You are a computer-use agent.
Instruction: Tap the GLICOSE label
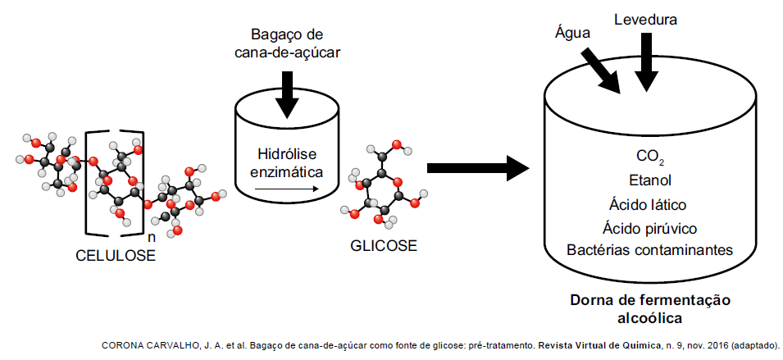[384, 245]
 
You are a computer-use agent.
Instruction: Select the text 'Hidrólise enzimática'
[286, 163]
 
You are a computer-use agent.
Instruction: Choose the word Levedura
[646, 18]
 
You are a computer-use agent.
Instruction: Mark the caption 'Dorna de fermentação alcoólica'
[650, 308]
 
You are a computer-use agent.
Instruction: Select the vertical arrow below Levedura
[646, 61]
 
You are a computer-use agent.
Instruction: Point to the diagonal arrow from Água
[603, 70]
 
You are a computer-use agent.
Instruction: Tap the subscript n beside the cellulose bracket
[151, 237]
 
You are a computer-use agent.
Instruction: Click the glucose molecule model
[384, 185]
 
